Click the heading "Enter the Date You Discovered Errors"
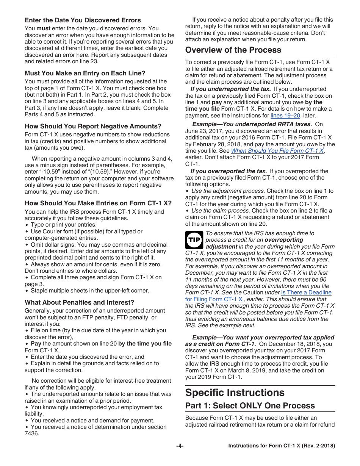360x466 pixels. click(x=83, y=20)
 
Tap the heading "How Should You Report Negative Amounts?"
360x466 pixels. click(x=93, y=126)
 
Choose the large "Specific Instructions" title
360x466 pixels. click(x=235, y=392)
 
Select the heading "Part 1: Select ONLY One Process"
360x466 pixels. click(x=250, y=406)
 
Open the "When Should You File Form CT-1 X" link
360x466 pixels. click(x=277, y=150)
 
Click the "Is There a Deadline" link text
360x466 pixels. click(x=306, y=292)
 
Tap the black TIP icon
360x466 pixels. click(x=194, y=240)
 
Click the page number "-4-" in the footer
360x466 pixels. click(x=180, y=446)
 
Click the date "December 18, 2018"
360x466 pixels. click(x=298, y=344)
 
